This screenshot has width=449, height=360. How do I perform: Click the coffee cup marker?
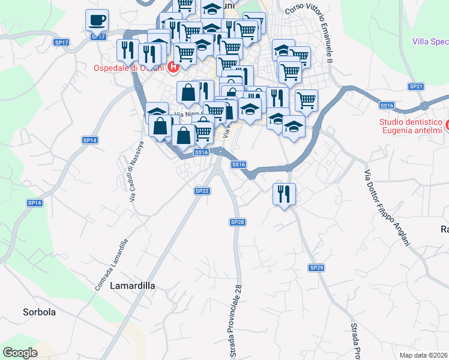click(x=97, y=21)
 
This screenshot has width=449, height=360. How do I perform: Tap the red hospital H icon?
click(x=173, y=67)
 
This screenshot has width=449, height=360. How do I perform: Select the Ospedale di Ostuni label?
click(x=129, y=67)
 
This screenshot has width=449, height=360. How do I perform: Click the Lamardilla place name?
click(x=133, y=286)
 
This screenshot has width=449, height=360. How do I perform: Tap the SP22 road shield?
click(x=202, y=191)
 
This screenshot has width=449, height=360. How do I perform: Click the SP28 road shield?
click(x=238, y=222)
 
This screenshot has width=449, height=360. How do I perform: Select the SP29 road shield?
click(x=316, y=267)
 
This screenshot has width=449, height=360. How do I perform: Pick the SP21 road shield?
click(x=416, y=86)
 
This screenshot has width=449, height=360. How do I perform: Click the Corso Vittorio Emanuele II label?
click(x=310, y=30)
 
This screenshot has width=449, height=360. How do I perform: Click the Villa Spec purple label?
click(x=430, y=41)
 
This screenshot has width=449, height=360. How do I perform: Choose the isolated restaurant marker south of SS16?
click(x=283, y=194)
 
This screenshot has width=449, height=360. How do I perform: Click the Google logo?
click(x=20, y=353)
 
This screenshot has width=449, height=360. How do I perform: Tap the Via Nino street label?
click(x=187, y=114)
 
